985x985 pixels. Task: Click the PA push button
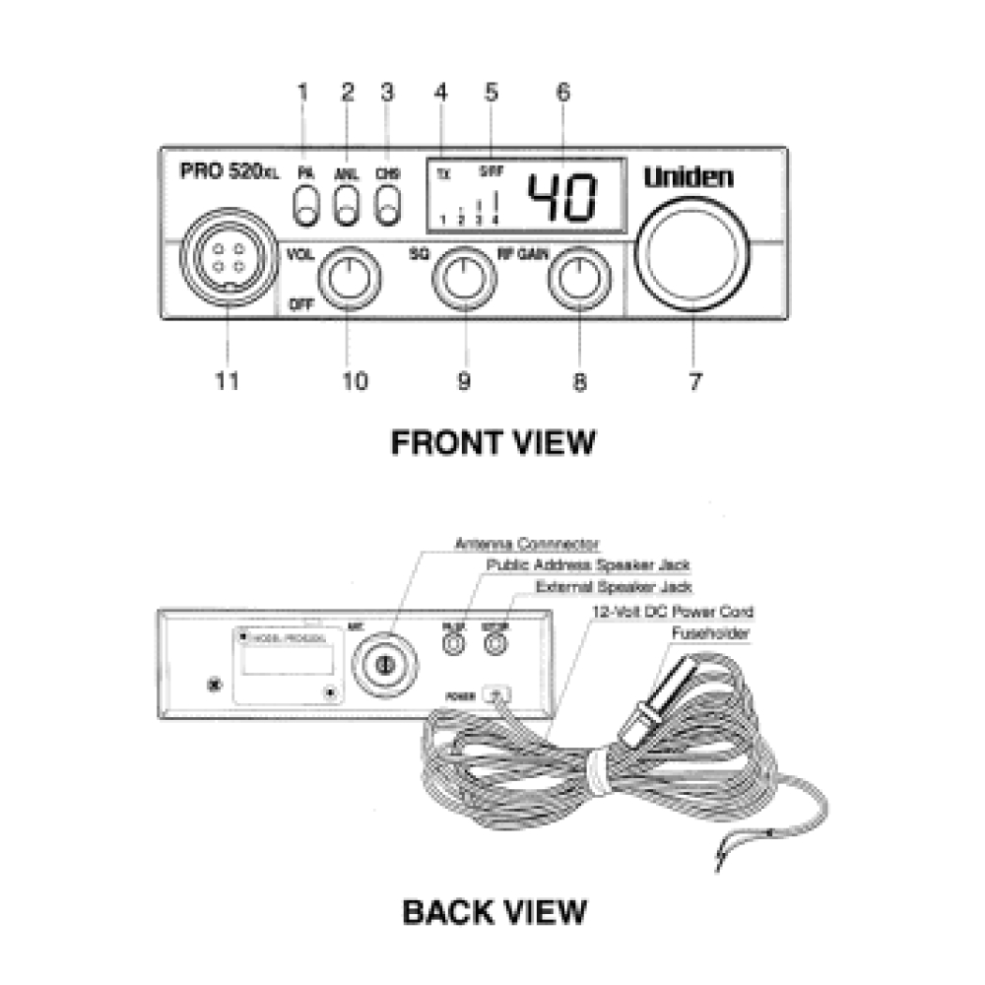point(306,208)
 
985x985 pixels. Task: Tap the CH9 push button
point(389,208)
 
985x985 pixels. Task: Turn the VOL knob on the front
point(348,278)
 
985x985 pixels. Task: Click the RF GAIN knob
point(577,278)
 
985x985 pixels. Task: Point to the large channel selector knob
point(691,247)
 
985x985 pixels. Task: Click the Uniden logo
point(689,177)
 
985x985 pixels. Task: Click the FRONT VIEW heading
point(492,442)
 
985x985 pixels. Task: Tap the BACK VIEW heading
point(493,911)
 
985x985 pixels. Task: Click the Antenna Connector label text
point(527,543)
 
